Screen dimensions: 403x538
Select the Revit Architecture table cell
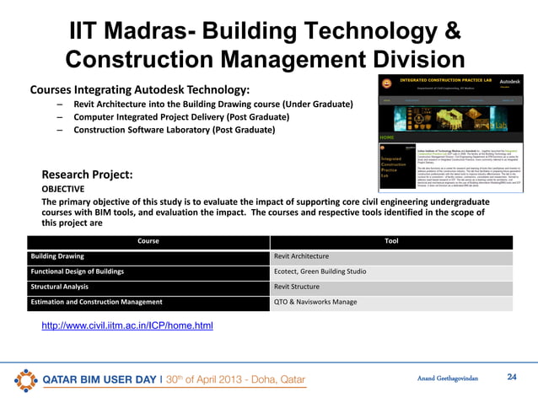(x=301, y=256)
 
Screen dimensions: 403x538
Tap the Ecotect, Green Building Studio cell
(x=320, y=271)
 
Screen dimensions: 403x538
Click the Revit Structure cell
(x=298, y=287)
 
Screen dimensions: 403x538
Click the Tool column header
(x=391, y=241)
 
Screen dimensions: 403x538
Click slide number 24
(x=510, y=377)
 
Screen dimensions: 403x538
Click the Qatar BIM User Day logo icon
(x=26, y=379)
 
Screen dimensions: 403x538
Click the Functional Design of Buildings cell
(x=77, y=271)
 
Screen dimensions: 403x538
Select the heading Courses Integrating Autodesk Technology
(x=139, y=89)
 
